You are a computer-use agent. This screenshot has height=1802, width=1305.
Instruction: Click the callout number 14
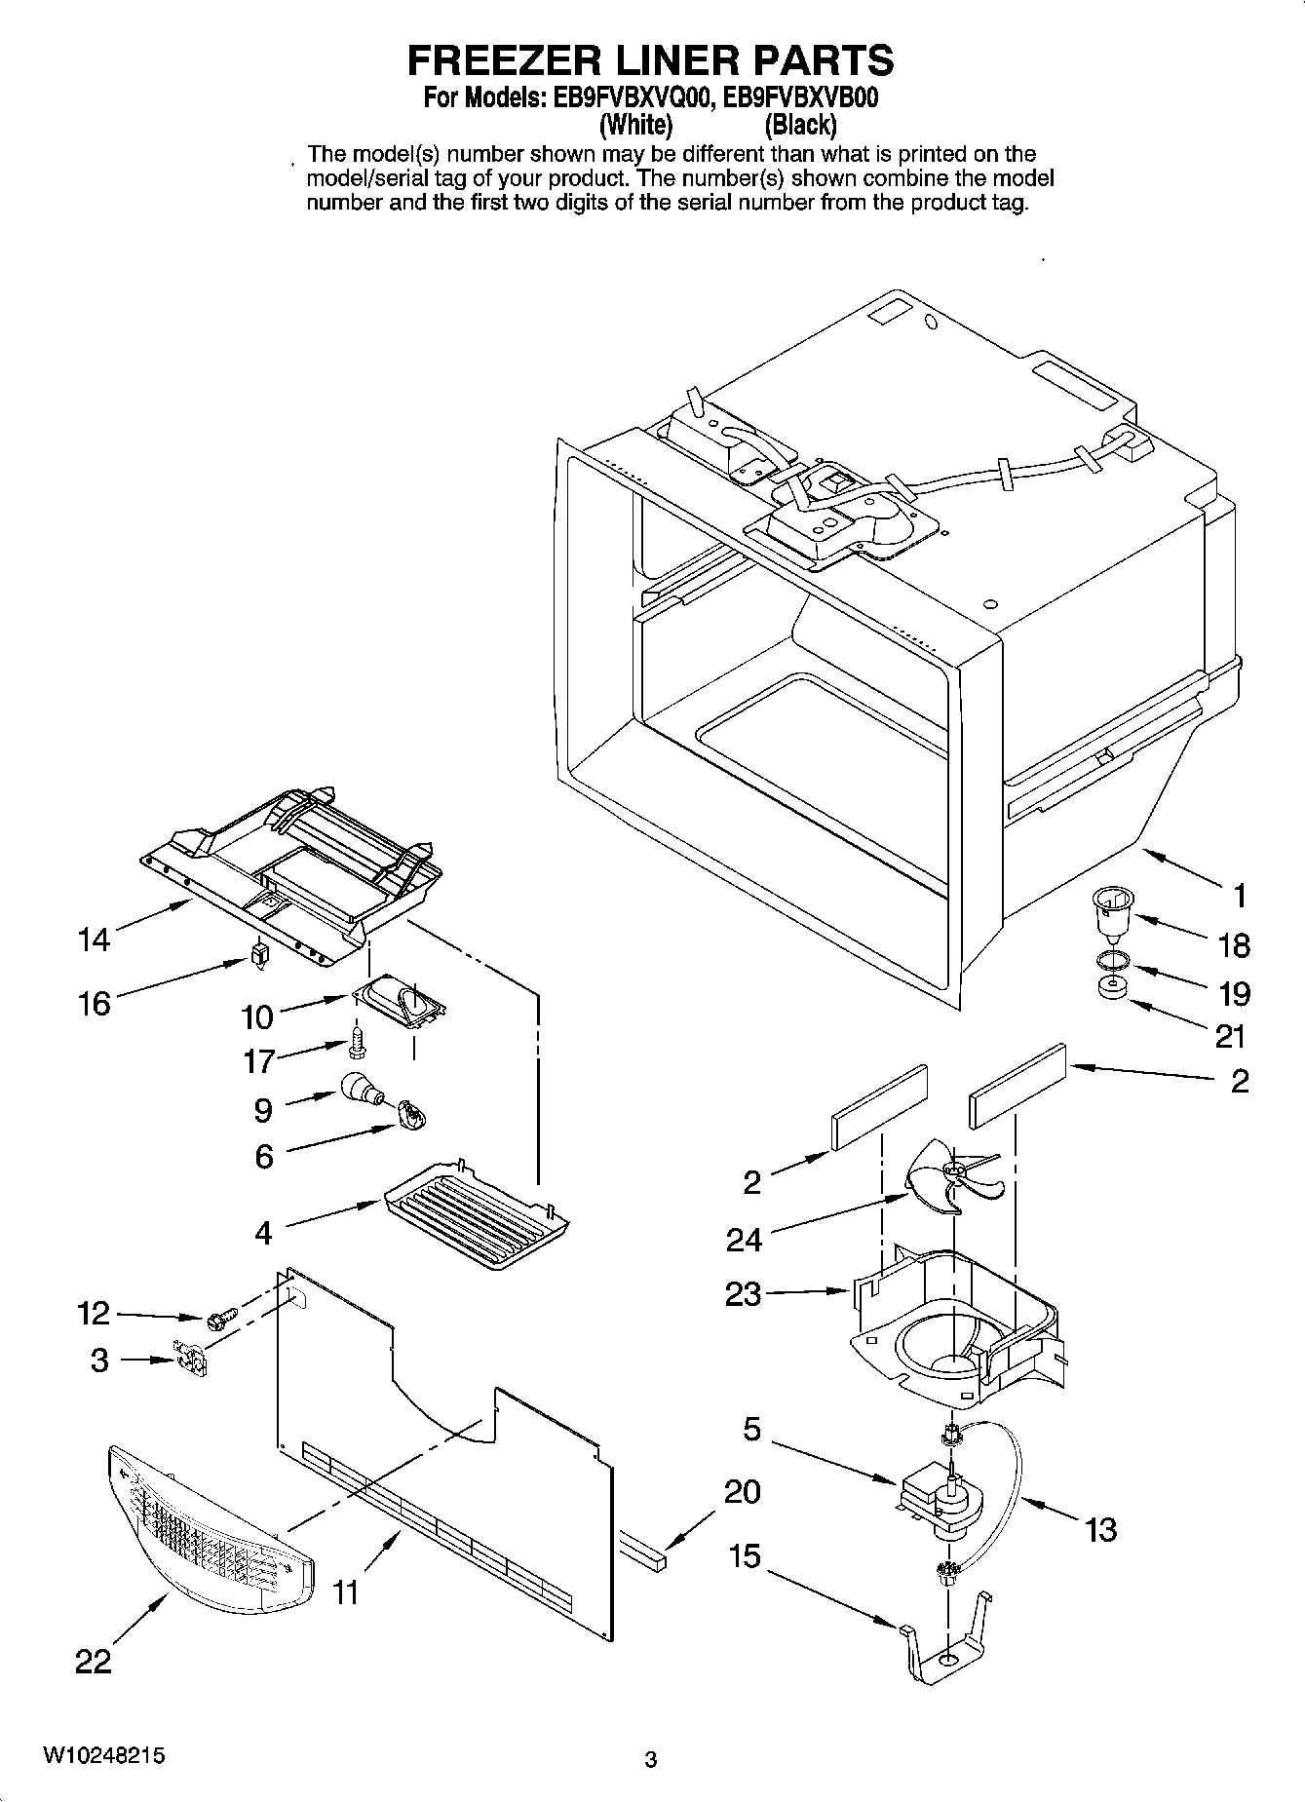[x=95, y=939]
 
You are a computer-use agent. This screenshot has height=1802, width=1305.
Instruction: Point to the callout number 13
[x=1100, y=1529]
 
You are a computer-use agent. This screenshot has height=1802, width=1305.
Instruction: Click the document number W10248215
[x=103, y=1755]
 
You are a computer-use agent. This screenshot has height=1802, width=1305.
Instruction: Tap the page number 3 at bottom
[x=651, y=1759]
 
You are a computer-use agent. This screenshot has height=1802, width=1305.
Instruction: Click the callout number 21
[x=1231, y=1036]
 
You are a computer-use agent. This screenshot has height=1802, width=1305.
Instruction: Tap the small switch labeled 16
[x=258, y=953]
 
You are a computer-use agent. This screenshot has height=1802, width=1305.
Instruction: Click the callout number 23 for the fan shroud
[x=743, y=1293]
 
